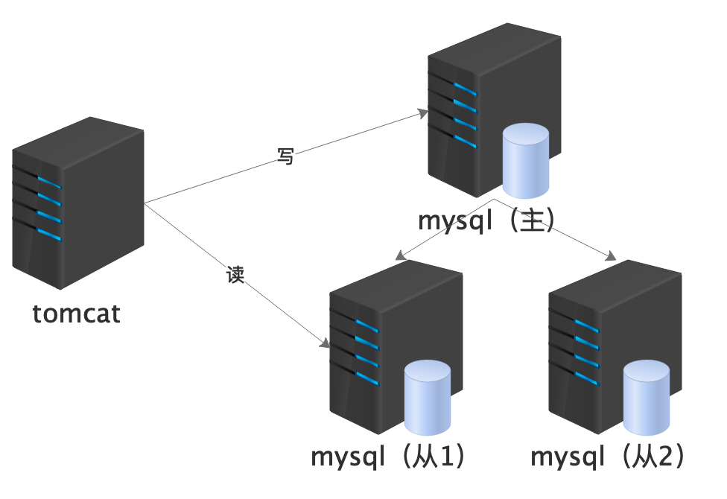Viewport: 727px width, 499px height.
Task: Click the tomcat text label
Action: tap(77, 314)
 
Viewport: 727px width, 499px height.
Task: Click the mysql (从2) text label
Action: tap(608, 456)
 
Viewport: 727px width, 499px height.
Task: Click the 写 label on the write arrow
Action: tap(285, 156)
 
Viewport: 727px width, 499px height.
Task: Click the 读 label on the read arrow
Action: tap(235, 274)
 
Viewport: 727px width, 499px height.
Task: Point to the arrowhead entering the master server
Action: tap(425, 112)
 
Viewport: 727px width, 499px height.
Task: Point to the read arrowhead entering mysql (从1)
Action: tap(325, 344)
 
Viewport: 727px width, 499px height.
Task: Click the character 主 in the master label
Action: tap(534, 220)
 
